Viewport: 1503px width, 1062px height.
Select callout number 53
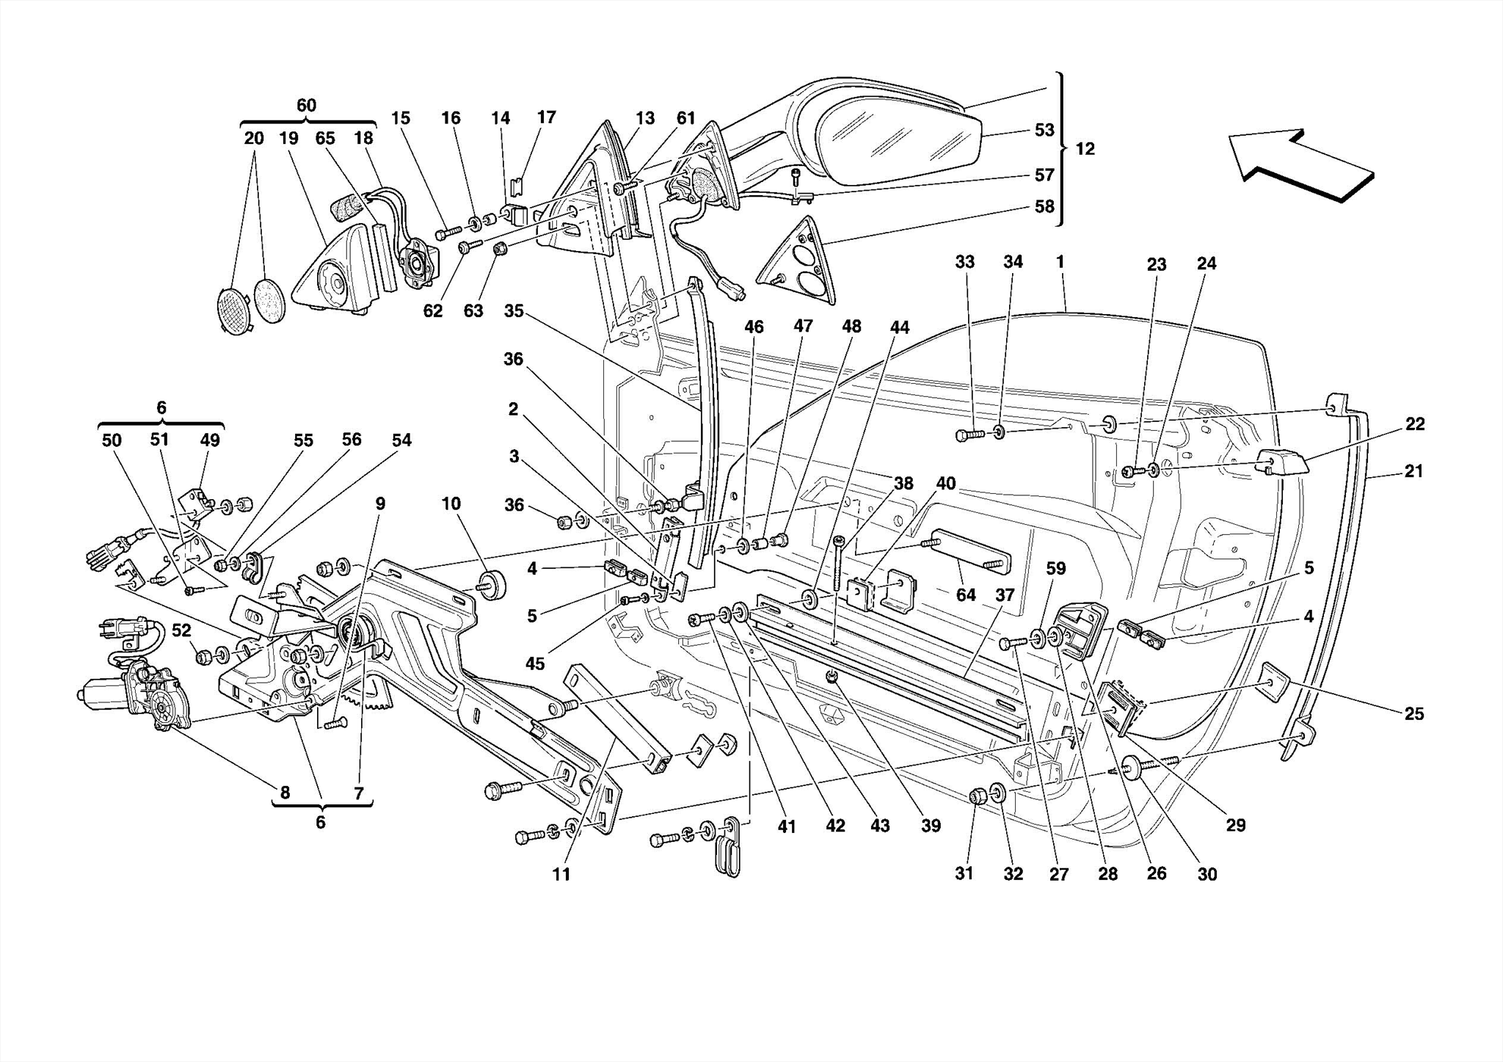pos(1044,130)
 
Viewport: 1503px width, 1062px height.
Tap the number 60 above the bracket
pos(306,105)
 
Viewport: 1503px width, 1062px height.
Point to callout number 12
pos(1085,149)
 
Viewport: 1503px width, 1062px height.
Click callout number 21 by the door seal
pos(1413,471)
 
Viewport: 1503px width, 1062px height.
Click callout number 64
pos(966,594)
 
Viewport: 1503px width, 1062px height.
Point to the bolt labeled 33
pos(968,435)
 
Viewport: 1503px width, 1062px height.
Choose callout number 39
pos(931,826)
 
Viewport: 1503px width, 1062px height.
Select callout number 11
pos(561,874)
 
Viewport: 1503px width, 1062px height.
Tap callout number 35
pos(514,311)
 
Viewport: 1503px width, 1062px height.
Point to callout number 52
pos(181,630)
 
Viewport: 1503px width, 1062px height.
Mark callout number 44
pos(899,327)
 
